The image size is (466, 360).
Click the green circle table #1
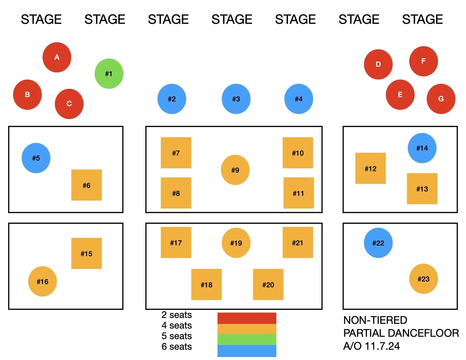pos(109,74)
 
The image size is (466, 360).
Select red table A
pos(57,57)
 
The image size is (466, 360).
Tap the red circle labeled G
pos(441,99)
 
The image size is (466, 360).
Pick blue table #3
pos(236,99)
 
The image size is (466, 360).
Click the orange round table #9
pos(235,170)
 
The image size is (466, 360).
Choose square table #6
pos(86,185)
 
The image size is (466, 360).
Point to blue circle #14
pos(422,148)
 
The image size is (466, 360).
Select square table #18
pos(207,284)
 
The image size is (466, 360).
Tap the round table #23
pos(423,279)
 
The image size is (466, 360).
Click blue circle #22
pos(378,243)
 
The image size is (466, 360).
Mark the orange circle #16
pos(42,281)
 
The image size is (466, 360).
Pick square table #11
pos(298,193)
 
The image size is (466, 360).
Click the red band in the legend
pos(247,318)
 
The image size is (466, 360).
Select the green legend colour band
pos(247,339)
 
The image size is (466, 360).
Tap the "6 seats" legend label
pos(177,346)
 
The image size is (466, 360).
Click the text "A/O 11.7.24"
pos(371,346)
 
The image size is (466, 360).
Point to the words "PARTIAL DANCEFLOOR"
pos(401,333)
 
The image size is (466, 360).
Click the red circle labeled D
pos(378,64)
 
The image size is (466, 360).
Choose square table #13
pos(422,189)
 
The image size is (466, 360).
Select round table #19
pos(236,243)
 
